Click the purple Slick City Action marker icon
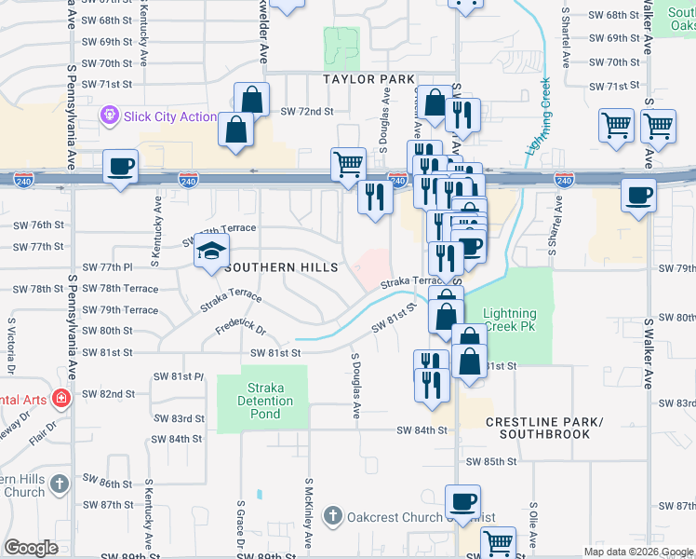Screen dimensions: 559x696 click(111, 116)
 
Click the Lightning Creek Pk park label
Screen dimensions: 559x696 click(510, 321)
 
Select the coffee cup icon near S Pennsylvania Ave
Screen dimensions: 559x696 click(120, 167)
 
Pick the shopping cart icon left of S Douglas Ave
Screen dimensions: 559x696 click(348, 163)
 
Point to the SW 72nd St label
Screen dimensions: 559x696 click(306, 112)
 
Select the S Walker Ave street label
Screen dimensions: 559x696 click(649, 353)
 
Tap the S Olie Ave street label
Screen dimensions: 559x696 click(533, 527)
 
